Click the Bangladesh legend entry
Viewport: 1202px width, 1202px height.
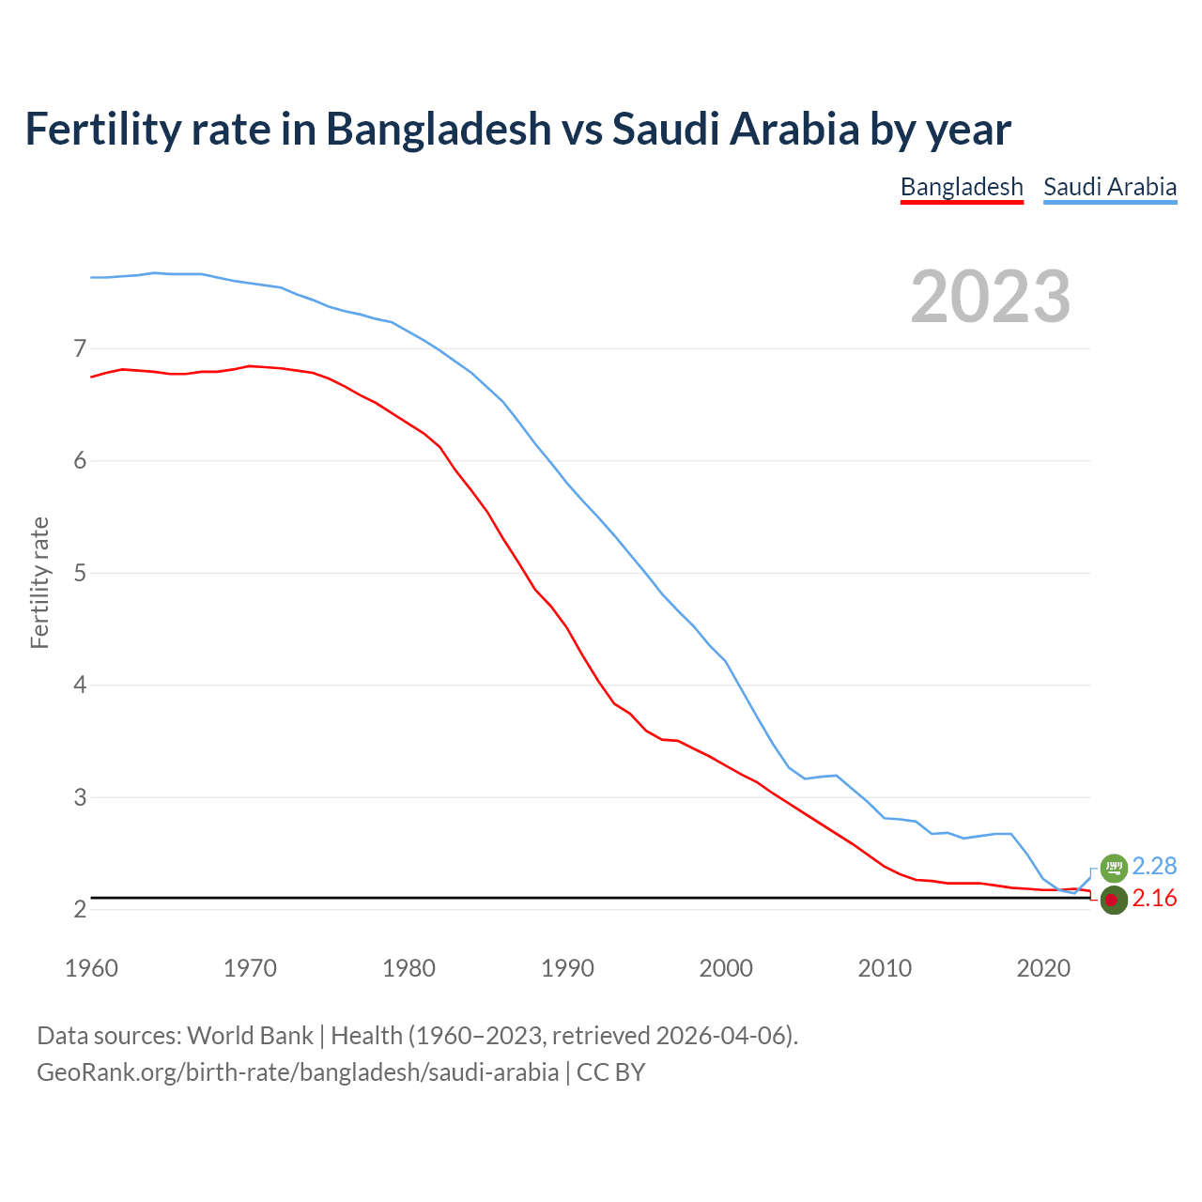(x=962, y=187)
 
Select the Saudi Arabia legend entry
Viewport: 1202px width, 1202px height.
(x=1110, y=187)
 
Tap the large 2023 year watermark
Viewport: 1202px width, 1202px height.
(x=991, y=297)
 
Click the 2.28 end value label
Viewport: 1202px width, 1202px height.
(x=1154, y=866)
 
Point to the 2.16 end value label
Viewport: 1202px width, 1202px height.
(x=1154, y=899)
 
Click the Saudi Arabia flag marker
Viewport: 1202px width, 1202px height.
(x=1114, y=867)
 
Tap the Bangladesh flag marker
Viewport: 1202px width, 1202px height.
(x=1114, y=900)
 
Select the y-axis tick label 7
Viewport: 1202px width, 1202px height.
(x=80, y=349)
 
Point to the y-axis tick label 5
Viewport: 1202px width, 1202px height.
(x=80, y=573)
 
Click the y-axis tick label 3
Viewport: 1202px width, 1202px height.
(x=80, y=797)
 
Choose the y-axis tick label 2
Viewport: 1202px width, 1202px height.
(x=80, y=909)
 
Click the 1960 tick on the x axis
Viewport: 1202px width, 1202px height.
(x=91, y=968)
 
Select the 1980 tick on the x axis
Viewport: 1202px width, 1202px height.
(x=408, y=968)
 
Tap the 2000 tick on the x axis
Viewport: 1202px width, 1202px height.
(x=726, y=968)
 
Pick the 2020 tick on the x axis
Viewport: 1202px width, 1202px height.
(x=1043, y=968)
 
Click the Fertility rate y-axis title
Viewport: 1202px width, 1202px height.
(x=39, y=582)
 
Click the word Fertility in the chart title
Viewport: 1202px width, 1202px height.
(x=102, y=129)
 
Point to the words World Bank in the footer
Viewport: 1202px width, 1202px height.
(x=250, y=1036)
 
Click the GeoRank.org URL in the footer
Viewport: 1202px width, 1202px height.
(x=298, y=1072)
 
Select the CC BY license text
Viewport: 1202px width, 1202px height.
(x=610, y=1072)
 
